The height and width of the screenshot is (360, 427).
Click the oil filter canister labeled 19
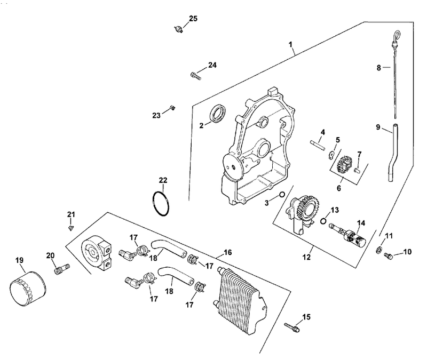coord(28,289)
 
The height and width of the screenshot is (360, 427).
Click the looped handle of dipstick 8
coord(396,36)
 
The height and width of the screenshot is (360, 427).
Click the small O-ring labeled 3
coord(282,194)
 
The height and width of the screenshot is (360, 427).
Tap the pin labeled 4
coord(317,144)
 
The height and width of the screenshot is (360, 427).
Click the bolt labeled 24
coord(196,76)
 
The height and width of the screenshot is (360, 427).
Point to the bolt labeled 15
coord(291,327)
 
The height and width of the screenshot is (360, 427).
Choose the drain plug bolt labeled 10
coord(388,256)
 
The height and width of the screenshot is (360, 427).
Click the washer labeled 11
coord(378,250)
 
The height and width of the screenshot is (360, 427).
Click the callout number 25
coord(193,19)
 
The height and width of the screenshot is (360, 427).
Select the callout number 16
coord(228,252)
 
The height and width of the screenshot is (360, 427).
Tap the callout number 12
coord(306,257)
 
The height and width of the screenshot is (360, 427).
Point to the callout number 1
coord(290,44)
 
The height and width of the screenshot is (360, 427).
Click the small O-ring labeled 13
coord(323,221)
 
